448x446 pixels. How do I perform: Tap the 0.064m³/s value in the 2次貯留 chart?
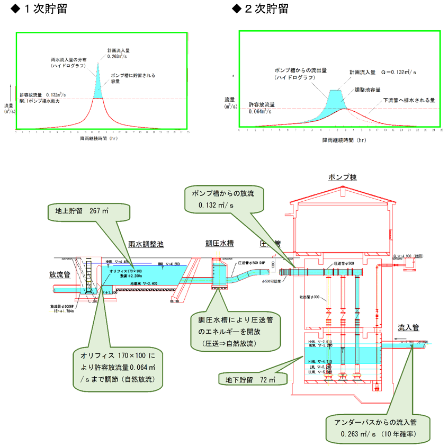point(262,112)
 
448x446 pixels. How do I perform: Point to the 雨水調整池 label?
point(146,245)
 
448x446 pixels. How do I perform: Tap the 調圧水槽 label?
point(219,243)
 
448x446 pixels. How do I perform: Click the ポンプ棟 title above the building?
point(343,176)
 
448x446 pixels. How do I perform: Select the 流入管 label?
point(409,327)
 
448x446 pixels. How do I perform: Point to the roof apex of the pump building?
point(343,187)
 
